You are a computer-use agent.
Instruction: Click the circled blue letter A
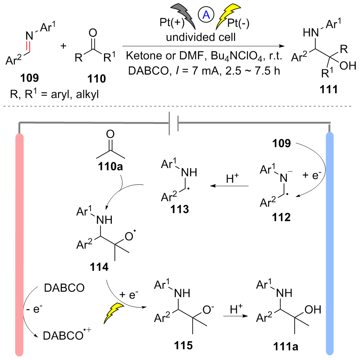(206, 15)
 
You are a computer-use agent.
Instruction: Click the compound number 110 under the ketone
(96, 79)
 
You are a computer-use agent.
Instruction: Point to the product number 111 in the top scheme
(329, 89)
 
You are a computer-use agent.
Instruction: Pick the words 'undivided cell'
(201, 37)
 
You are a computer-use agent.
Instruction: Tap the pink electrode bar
(19, 245)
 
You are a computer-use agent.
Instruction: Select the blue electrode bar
(330, 243)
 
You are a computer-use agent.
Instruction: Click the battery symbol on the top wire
(174, 123)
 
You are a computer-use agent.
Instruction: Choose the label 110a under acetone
(110, 166)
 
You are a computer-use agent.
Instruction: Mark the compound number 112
(281, 217)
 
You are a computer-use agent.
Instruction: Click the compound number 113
(179, 209)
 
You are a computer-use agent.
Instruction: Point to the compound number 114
(99, 267)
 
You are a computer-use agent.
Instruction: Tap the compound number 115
(183, 345)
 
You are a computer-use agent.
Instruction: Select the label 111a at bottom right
(286, 346)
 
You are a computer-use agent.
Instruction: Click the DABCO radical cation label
(67, 335)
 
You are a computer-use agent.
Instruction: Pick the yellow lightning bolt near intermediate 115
(114, 313)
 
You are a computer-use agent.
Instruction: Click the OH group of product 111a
(313, 310)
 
